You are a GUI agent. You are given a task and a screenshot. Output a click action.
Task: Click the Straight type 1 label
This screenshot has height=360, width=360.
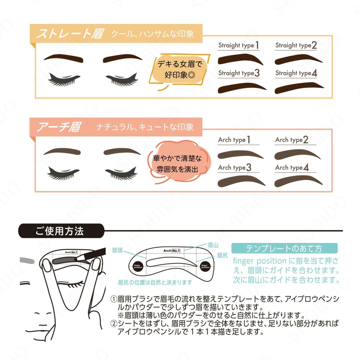point(238,45)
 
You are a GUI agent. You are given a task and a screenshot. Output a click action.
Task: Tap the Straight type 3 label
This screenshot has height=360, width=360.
point(239,73)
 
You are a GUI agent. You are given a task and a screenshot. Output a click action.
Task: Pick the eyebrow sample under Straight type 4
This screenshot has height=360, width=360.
point(299,88)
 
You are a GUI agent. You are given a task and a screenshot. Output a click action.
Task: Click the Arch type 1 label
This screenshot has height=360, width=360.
point(234,140)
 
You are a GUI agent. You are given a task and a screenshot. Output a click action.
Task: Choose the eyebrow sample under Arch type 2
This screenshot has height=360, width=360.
point(297,154)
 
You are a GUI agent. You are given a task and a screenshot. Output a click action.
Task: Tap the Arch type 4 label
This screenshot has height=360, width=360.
point(292,167)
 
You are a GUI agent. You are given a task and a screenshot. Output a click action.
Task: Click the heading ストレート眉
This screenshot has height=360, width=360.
point(70,34)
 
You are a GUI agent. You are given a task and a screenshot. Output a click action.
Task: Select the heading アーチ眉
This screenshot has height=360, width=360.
point(58,127)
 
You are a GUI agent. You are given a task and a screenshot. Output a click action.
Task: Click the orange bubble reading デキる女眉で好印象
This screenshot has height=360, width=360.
point(180,69)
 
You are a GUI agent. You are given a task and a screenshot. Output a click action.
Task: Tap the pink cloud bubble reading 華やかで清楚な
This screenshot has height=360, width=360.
point(178,163)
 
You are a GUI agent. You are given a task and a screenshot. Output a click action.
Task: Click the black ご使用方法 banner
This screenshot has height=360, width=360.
point(60,231)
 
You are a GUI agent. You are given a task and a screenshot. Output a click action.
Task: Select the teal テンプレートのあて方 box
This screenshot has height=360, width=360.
point(284,248)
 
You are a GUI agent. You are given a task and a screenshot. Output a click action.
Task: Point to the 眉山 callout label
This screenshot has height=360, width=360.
point(213,245)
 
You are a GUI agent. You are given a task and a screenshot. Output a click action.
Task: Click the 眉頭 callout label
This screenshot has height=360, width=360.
point(117,250)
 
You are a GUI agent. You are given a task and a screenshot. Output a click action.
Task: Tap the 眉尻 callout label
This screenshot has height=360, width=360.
point(222,255)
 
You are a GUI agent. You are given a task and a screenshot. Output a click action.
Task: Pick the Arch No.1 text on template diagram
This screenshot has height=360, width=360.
point(172,250)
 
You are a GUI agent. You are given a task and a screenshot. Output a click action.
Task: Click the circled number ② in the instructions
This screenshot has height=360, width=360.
point(114,323)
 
